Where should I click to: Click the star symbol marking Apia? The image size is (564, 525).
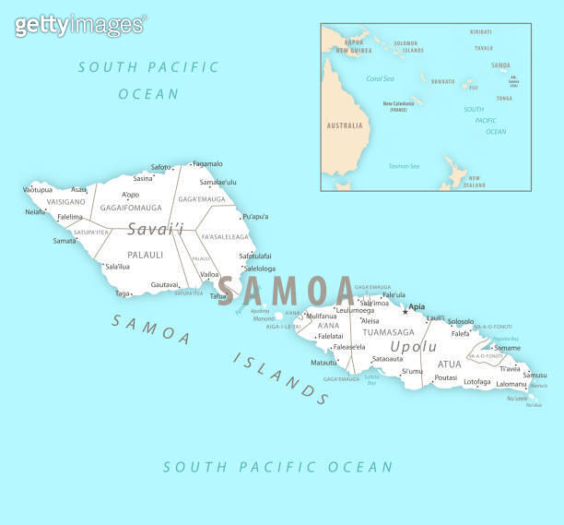(x=404, y=311)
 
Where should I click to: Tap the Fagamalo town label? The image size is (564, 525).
(x=207, y=163)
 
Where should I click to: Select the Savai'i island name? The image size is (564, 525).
(x=155, y=229)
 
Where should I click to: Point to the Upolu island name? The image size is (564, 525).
(x=414, y=346)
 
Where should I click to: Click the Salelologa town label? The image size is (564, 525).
(x=259, y=268)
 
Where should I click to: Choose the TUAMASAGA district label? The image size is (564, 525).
(x=389, y=331)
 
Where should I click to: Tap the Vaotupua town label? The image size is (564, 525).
(x=37, y=190)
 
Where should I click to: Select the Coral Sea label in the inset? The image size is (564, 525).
(x=380, y=78)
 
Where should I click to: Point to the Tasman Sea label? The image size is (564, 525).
(x=404, y=166)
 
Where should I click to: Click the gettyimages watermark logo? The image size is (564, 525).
(x=79, y=25)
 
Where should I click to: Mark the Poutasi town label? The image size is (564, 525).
(x=445, y=377)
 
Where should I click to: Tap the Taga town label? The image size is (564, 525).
(x=122, y=293)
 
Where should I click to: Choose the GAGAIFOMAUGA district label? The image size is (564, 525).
(x=130, y=208)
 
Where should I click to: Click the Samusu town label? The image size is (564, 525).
(x=535, y=375)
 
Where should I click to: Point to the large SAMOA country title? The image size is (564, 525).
(x=286, y=291)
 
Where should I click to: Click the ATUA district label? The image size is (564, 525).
(x=449, y=364)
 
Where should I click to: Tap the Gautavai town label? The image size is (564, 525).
(x=164, y=285)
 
